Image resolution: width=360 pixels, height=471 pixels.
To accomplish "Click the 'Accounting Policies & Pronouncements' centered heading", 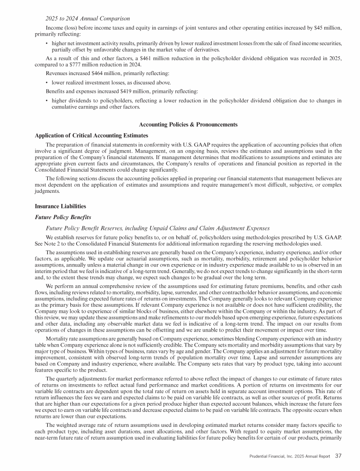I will [x=189, y=124].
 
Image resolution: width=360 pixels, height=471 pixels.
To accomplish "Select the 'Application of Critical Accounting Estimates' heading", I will [x=91, y=135].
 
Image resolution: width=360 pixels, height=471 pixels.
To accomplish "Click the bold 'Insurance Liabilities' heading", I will [x=61, y=206].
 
